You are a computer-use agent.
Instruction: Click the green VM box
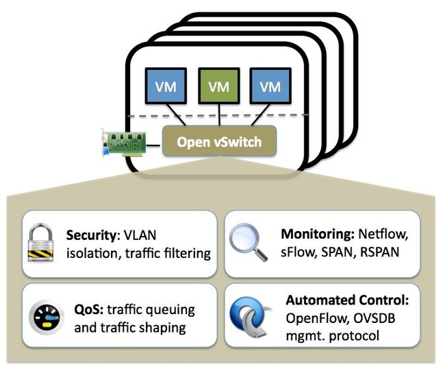[x=219, y=86]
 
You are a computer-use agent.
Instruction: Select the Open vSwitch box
[x=219, y=141]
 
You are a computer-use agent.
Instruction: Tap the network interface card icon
[x=124, y=142]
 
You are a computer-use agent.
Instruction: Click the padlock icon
[x=40, y=243]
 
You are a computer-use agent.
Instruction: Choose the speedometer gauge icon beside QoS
[x=45, y=317]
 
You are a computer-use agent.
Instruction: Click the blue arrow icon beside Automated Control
[x=250, y=317]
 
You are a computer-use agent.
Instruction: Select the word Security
[x=91, y=235]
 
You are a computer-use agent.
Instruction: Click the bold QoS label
[x=89, y=309]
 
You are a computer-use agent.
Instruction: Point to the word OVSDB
[x=374, y=318]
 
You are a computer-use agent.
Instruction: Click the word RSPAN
[x=379, y=252]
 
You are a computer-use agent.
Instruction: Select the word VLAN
[x=140, y=235]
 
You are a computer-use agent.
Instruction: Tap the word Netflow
[x=383, y=234]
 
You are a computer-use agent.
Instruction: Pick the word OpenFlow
[x=316, y=318]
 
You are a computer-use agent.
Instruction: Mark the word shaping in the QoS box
[x=162, y=328]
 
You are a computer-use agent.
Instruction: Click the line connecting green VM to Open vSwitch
[x=219, y=115]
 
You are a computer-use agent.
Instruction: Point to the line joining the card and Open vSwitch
[x=154, y=146]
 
